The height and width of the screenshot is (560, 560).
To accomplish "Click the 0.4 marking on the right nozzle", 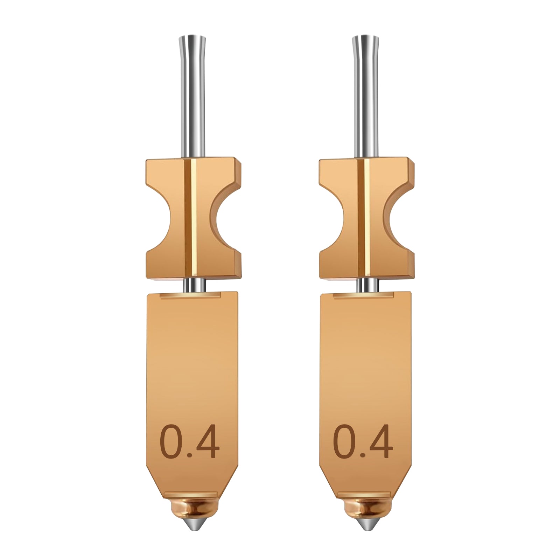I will [363, 442].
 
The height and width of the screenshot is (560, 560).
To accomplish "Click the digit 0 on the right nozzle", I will [345, 442].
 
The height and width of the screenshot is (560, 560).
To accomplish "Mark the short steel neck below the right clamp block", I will [366, 285].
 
